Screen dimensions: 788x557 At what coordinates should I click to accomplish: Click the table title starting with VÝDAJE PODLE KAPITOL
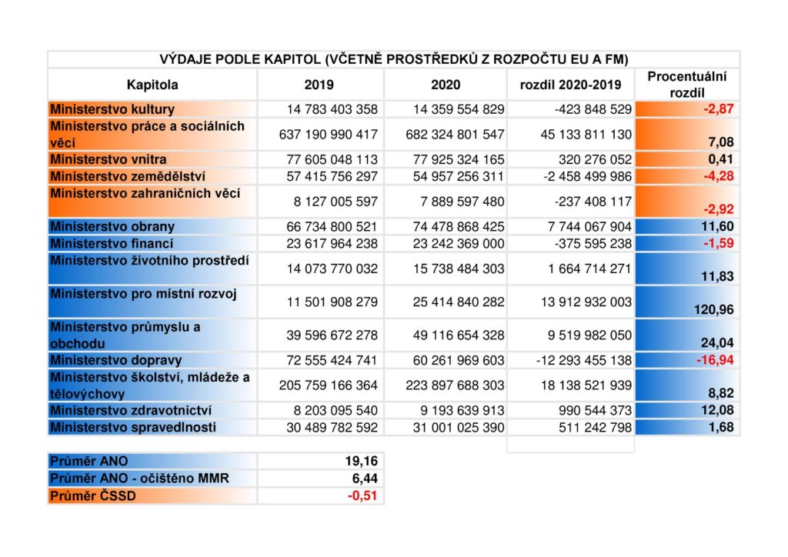coord(394,59)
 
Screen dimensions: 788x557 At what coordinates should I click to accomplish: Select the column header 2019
coord(319,85)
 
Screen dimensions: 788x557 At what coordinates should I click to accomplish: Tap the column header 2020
coord(446,85)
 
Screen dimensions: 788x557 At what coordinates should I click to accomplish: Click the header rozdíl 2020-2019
coord(570,85)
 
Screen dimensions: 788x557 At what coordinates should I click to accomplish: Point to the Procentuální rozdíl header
coord(687,85)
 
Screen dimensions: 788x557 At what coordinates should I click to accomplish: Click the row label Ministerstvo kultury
coord(112,109)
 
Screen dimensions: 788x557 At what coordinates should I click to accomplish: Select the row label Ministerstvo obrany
coord(112,226)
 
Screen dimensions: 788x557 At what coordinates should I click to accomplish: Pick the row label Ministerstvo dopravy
coord(116,360)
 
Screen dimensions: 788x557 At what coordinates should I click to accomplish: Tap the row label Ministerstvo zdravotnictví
coord(131,410)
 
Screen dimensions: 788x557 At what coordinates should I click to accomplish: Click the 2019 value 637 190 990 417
coord(328,134)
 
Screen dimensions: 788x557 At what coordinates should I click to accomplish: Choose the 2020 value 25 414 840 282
coord(459,302)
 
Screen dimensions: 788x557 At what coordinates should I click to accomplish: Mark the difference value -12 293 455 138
coord(584,360)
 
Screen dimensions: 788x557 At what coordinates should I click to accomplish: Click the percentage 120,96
coord(713,309)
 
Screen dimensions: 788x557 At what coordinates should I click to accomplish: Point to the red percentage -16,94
coord(715,359)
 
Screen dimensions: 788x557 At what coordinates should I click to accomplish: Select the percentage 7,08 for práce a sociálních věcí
coord(720,142)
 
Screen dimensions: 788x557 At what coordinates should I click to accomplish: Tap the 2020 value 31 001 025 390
coord(459,428)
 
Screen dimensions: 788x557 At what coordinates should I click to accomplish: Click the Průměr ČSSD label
coord(93,495)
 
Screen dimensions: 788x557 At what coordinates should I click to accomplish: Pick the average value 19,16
coord(362,461)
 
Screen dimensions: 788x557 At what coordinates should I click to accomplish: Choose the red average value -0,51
coord(362,495)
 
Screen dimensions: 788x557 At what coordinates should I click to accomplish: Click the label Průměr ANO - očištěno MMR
coord(140,479)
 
